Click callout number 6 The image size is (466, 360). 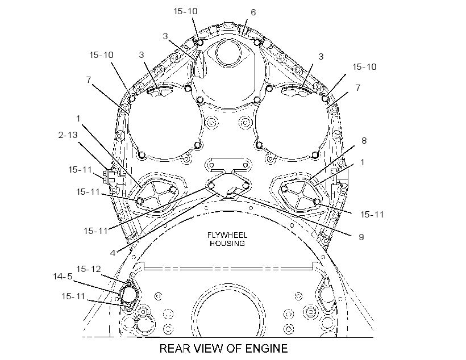(253, 12)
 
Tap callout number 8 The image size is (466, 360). (364, 140)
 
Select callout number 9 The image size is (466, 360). (361, 237)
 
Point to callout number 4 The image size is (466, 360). (113, 253)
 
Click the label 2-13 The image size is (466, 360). (68, 135)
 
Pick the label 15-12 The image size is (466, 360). (89, 269)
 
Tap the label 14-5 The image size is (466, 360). (63, 277)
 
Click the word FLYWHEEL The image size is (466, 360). (227, 235)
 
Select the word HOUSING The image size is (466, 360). (227, 243)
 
